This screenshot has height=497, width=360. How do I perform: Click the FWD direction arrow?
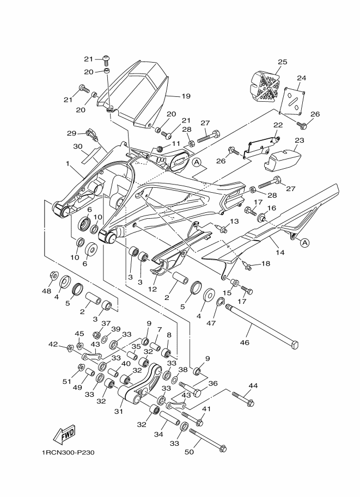(x=64, y=434)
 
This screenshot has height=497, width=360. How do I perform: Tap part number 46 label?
(x=245, y=343)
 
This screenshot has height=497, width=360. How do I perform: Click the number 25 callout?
(x=282, y=63)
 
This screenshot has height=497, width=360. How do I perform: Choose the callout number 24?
(x=301, y=78)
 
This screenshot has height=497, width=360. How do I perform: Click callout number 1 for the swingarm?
(x=68, y=163)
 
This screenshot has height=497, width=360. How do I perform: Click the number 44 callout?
(x=253, y=385)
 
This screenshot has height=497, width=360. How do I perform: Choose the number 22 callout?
(x=278, y=125)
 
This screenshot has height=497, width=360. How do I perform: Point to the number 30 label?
(x=77, y=146)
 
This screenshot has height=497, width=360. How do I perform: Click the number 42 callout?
(x=53, y=344)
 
